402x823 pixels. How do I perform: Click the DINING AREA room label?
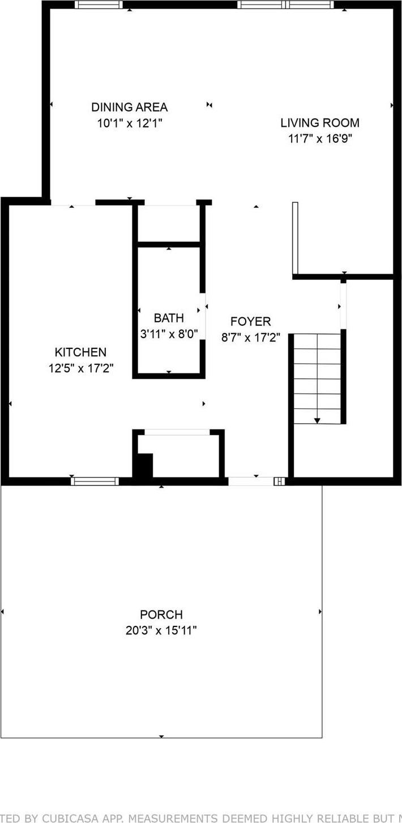point(129,107)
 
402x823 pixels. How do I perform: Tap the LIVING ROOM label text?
point(320,122)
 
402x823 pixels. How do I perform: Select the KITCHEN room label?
point(80,352)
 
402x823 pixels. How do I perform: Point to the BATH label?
point(169,318)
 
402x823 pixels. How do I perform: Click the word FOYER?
point(250,322)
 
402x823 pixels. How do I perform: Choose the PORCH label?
point(161,615)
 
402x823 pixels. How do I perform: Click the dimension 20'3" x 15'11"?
point(161,630)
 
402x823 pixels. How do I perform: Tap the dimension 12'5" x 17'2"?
point(81,368)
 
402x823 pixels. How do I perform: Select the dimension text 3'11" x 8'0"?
point(169,334)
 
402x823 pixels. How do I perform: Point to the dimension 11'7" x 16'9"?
point(320,138)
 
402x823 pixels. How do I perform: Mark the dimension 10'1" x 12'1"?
point(129,123)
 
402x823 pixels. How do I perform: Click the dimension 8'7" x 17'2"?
point(250,338)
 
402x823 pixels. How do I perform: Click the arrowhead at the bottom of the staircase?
point(317,420)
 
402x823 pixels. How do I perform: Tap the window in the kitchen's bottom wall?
point(95,481)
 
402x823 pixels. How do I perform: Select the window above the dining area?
point(99,5)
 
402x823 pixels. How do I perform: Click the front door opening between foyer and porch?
point(250,481)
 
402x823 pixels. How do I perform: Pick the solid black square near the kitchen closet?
point(143,466)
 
